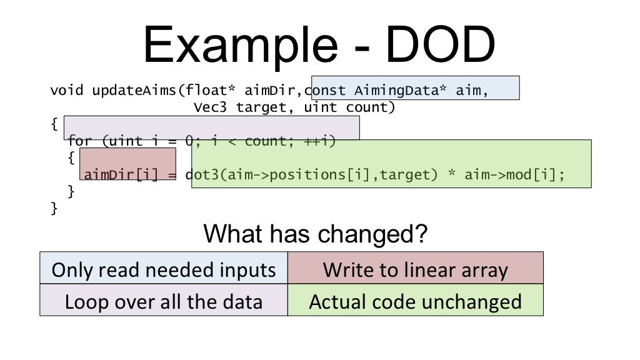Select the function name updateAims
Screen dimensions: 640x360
(x=131, y=90)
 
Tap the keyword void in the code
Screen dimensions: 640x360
(x=67, y=90)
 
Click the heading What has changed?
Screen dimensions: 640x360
(x=316, y=234)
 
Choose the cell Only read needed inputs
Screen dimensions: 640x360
(x=164, y=270)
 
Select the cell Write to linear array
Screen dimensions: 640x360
(x=415, y=270)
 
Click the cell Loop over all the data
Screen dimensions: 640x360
(x=164, y=302)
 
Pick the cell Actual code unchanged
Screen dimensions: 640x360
(x=415, y=302)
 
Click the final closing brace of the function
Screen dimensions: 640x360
(x=54, y=208)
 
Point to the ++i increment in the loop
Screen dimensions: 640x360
(x=319, y=141)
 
